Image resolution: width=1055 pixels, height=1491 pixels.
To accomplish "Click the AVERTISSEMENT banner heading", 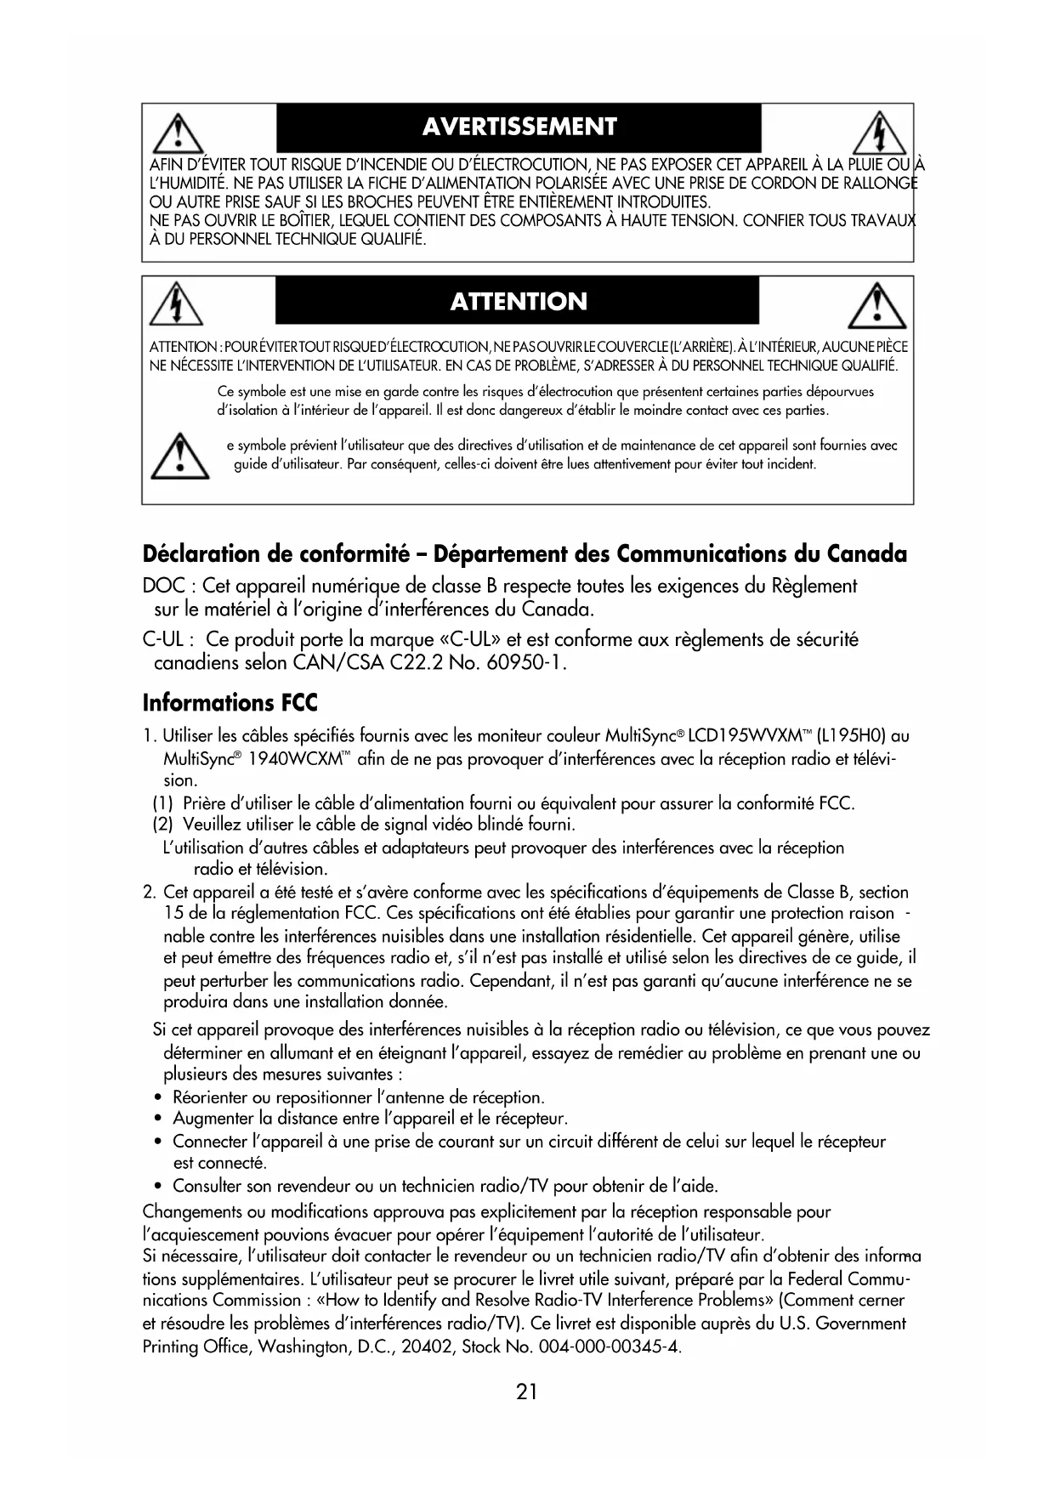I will click(519, 127).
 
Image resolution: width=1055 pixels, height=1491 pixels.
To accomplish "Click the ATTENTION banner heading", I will click(519, 302).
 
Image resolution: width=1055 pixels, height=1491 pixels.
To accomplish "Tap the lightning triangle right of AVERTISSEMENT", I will click(879, 133).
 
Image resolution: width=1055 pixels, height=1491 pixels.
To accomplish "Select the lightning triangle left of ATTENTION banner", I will click(176, 304).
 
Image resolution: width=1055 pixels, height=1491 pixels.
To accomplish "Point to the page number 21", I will click(526, 1392).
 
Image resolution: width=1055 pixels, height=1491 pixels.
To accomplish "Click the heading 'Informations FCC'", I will click(230, 703).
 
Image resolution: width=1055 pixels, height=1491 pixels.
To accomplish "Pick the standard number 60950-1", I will click(525, 661).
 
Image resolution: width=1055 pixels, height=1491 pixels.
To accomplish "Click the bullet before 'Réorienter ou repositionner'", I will click(159, 1097).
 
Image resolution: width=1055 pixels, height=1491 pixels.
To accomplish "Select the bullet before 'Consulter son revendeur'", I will click(159, 1185).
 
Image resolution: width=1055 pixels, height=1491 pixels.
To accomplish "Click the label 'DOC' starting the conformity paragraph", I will click(160, 586).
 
